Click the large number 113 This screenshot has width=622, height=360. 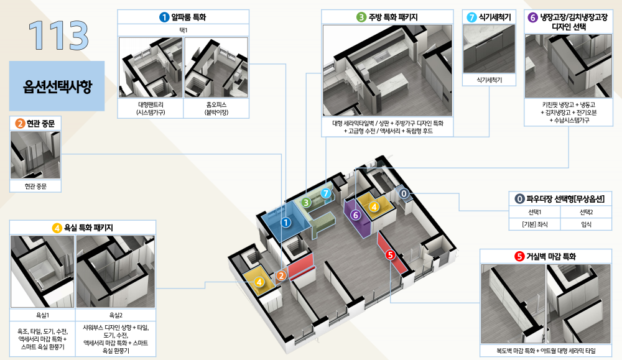pos(58,35)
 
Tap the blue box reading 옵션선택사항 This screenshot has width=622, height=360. pos(57,86)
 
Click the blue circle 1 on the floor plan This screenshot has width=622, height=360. pos(285,223)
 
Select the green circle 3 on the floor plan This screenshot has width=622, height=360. pos(306,203)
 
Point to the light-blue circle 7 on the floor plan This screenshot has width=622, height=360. pos(326,193)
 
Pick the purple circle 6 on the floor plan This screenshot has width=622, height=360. pos(355,215)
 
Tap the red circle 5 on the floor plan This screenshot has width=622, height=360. pos(391,255)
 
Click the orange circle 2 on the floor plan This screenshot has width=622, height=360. pos(281,275)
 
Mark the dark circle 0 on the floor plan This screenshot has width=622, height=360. pos(404,193)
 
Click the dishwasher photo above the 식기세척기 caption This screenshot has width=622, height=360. pos(489,48)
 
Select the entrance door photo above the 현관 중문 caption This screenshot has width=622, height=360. pos(35,155)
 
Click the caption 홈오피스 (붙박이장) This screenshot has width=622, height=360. pos(216,108)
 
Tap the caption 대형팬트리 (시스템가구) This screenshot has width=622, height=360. pos(151,108)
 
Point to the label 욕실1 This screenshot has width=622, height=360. pos(42,315)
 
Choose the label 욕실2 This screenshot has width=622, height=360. pos(116,315)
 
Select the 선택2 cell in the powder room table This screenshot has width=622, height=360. pos(587,212)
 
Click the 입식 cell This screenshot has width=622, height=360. pos(587,224)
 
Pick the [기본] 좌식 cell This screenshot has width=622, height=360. pos(535,224)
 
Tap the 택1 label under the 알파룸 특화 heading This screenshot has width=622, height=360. pos(183,30)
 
